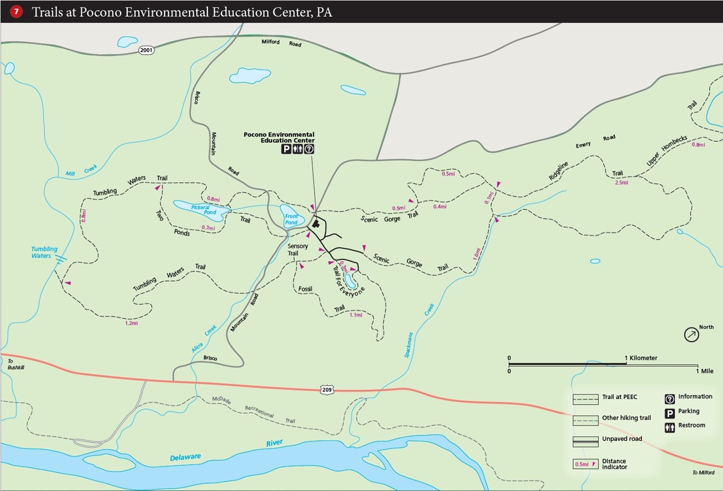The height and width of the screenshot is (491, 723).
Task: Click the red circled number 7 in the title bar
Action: coord(16,12)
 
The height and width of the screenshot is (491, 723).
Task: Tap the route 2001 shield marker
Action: coord(146,50)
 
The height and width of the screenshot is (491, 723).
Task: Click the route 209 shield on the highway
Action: coord(327,390)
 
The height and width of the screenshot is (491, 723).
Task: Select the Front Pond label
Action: coord(291,219)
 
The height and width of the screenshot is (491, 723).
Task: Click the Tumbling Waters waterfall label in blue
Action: coord(44,252)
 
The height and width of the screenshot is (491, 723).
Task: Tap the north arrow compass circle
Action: coord(691,335)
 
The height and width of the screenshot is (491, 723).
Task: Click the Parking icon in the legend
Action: coord(670,413)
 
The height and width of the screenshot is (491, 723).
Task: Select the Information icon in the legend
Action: coord(670,398)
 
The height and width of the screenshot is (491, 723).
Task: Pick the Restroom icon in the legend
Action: coord(670,426)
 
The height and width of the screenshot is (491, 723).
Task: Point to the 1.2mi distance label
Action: coord(131,323)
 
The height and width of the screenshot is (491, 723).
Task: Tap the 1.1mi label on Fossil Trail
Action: coord(355,315)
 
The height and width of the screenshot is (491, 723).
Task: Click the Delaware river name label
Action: coord(185,457)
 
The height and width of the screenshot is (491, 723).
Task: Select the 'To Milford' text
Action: coord(703,473)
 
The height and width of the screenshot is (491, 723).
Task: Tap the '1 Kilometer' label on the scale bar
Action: coord(641,358)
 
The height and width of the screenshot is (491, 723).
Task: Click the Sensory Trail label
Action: coord(298,249)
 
